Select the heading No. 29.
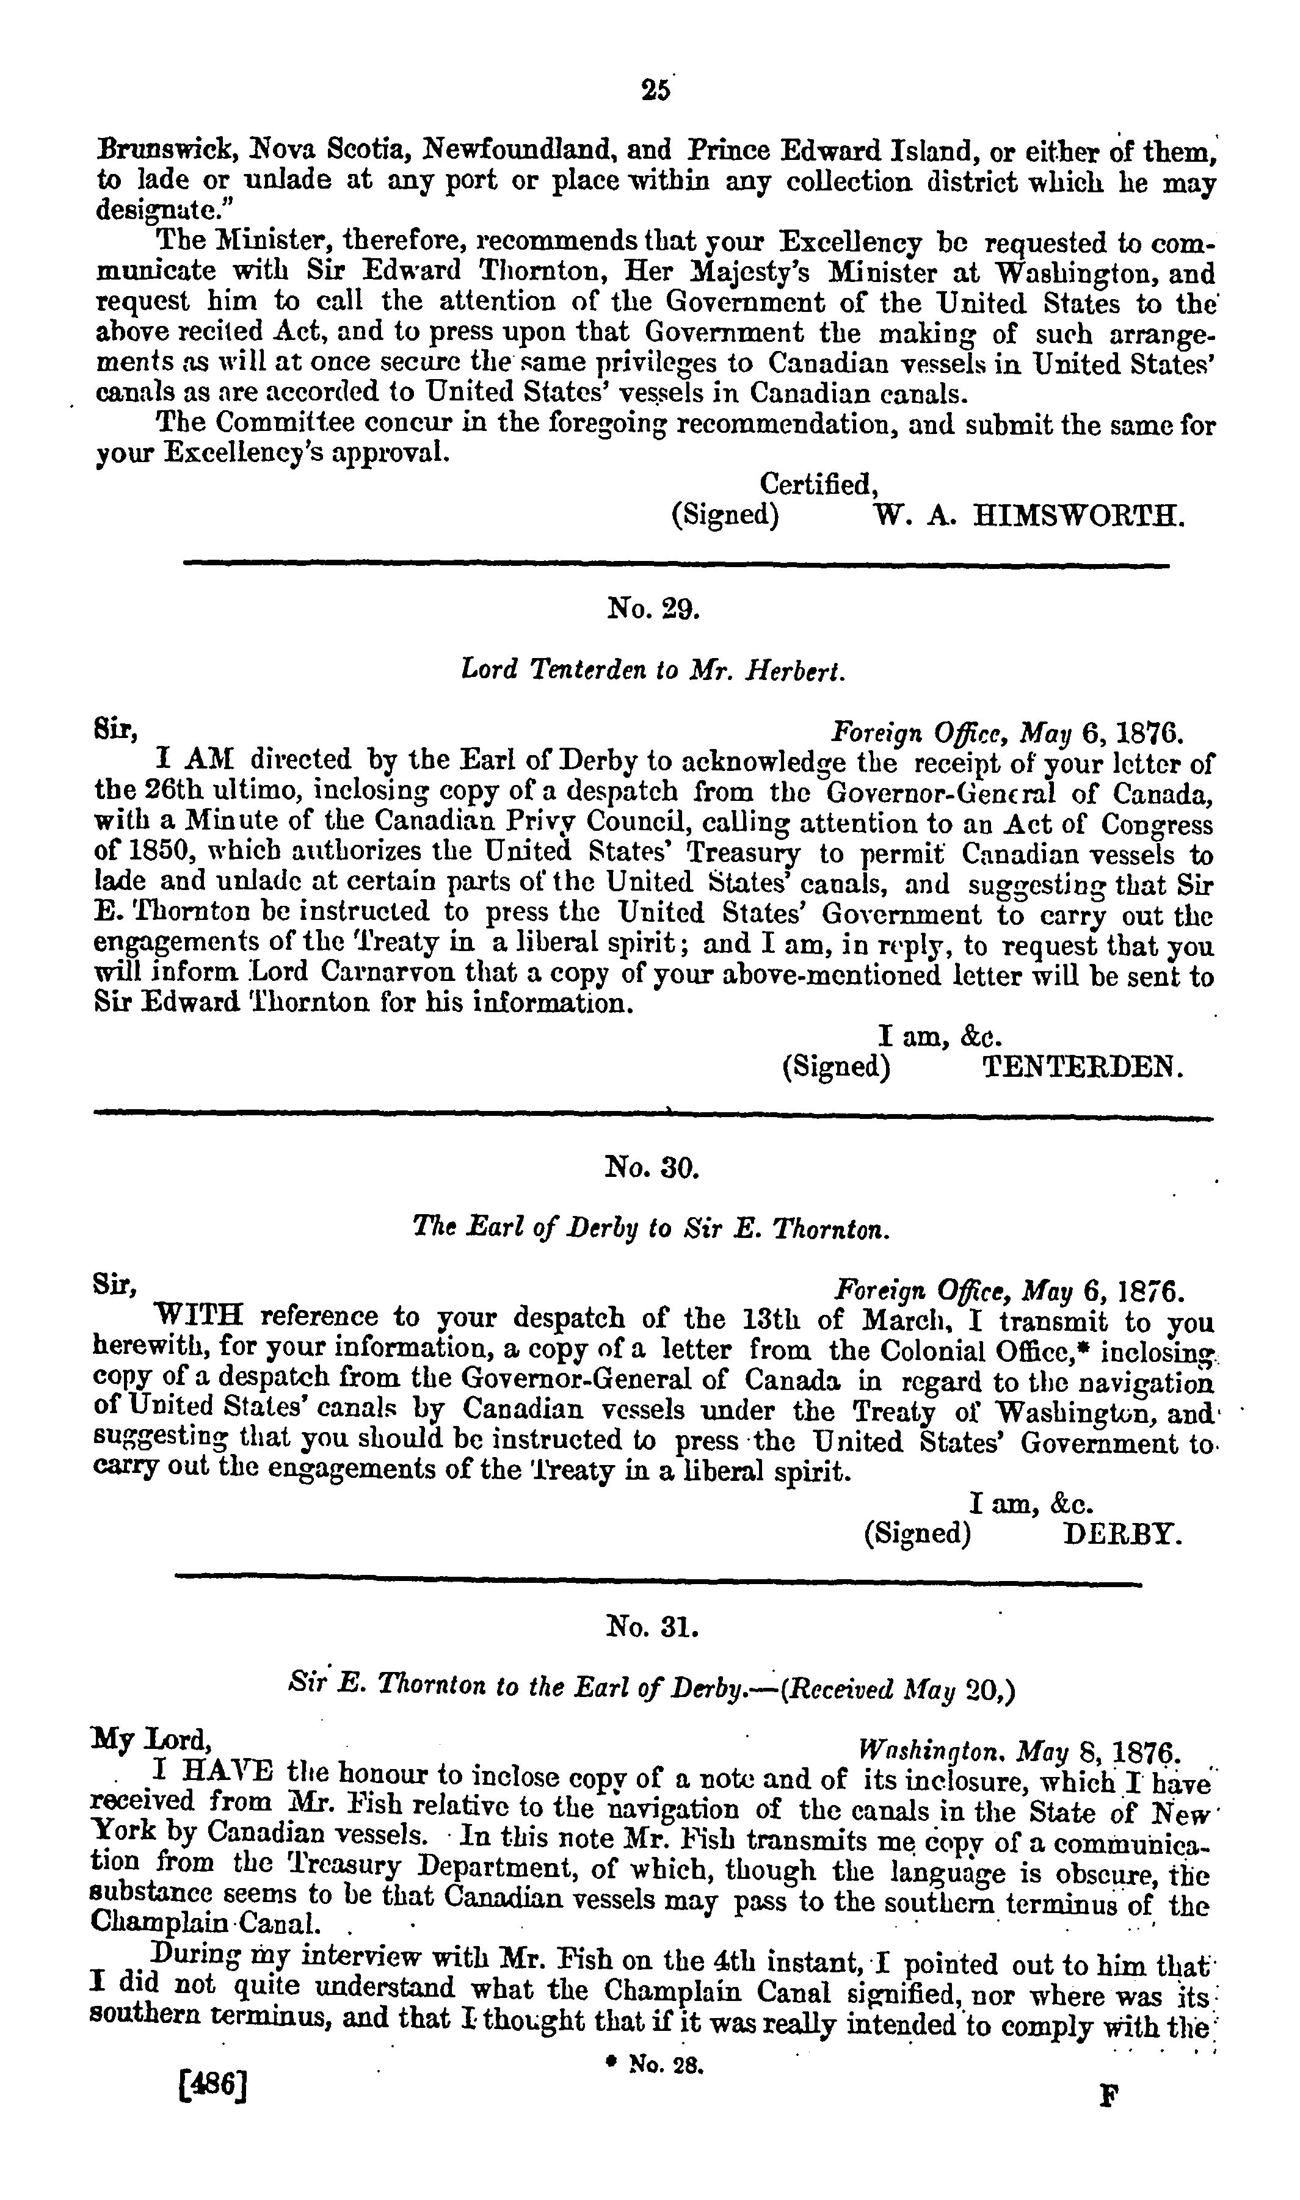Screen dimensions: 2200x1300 653,608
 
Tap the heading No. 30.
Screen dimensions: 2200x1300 653,1167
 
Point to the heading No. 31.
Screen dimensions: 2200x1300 653,1626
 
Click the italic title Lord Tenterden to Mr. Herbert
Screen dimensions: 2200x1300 653,670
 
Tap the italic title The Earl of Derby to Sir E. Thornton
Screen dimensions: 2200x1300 652,1229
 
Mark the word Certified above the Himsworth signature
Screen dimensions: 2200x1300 818,483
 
